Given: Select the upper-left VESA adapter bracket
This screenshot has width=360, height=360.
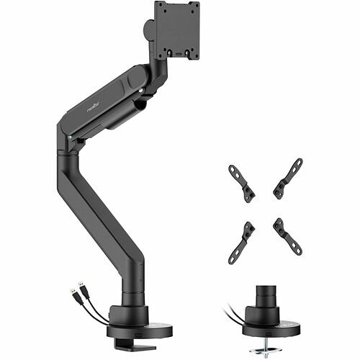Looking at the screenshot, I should point(241,184).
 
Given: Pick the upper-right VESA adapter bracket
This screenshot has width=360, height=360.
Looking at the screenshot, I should point(288,178).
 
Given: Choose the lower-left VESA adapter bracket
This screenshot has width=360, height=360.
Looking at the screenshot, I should point(241,242).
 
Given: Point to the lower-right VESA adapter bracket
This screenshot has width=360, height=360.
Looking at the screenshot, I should point(287,235).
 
